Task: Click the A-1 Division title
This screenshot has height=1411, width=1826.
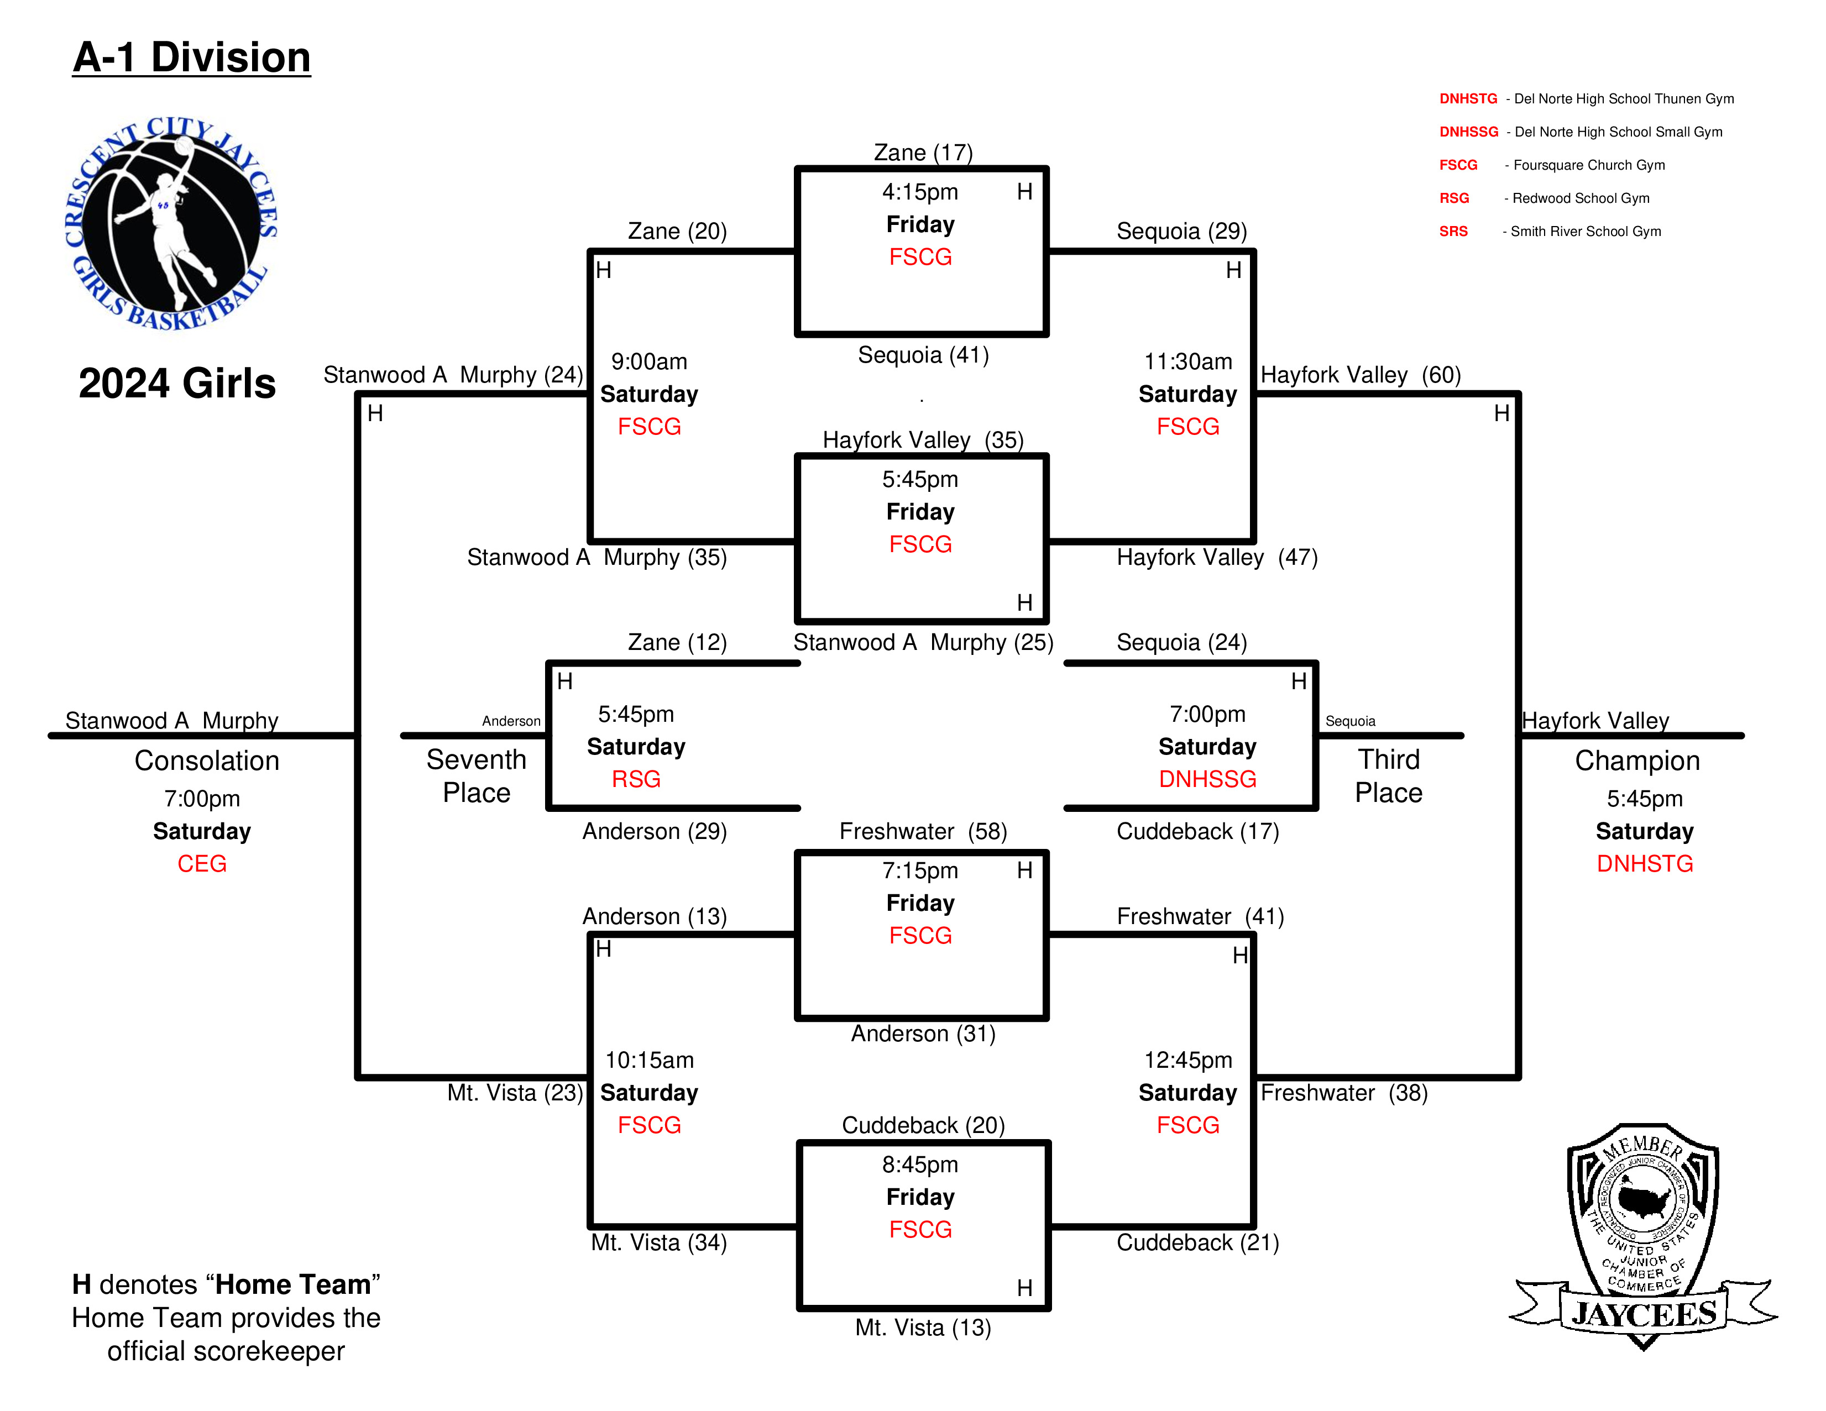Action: pyautogui.click(x=191, y=57)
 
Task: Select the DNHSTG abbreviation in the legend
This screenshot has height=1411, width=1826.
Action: pyautogui.click(x=1468, y=98)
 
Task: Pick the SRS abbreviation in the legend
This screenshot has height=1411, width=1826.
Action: pyautogui.click(x=1453, y=232)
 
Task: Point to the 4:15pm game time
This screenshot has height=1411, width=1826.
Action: pyautogui.click(x=920, y=192)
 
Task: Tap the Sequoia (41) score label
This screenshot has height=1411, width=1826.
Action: pyautogui.click(x=923, y=355)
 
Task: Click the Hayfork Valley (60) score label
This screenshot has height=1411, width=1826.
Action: pyautogui.click(x=1361, y=375)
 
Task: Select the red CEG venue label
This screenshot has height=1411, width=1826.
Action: pyautogui.click(x=201, y=863)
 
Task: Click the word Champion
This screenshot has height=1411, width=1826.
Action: pyautogui.click(x=1637, y=760)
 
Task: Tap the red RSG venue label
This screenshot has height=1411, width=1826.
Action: pyautogui.click(x=636, y=779)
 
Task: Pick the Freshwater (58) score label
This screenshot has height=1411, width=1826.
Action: pyautogui.click(x=923, y=832)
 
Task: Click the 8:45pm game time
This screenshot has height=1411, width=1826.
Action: pyautogui.click(x=920, y=1165)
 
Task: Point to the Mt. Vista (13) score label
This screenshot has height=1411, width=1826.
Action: pyautogui.click(x=923, y=1328)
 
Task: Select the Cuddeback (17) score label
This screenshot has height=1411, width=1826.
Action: pyautogui.click(x=1198, y=832)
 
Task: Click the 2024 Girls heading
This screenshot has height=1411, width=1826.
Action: pyautogui.click(x=177, y=384)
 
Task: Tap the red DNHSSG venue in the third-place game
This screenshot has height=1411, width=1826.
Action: pyautogui.click(x=1207, y=779)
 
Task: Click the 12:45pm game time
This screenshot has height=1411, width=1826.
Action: pyautogui.click(x=1188, y=1060)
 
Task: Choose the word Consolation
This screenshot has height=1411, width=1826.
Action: pyautogui.click(x=207, y=760)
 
